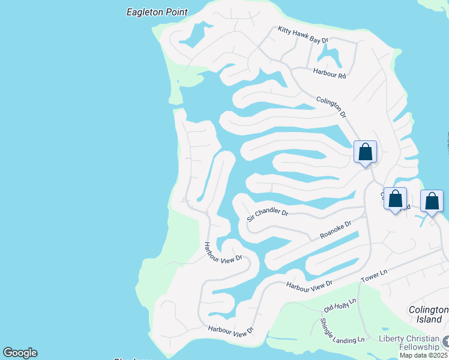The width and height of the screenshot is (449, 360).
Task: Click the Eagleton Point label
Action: point(157,12)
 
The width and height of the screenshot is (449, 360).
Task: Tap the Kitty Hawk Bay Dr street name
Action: point(303,35)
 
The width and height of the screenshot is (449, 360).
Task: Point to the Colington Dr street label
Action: point(331,106)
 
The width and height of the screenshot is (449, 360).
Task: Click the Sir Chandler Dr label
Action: point(268,215)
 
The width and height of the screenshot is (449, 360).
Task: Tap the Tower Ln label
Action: point(375,276)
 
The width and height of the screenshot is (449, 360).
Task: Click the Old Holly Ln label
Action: point(340,305)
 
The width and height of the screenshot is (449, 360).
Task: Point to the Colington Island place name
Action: point(429,314)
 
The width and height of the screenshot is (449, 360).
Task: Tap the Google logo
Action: point(20,353)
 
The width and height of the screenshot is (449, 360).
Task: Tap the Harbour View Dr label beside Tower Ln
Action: point(309,284)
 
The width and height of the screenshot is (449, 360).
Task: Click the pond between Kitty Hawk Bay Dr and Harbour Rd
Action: point(330,58)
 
